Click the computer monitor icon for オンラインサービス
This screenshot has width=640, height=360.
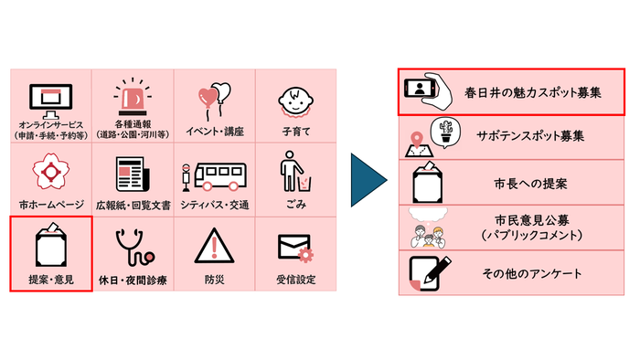[50, 97]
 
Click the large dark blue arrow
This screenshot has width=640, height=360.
[370, 179]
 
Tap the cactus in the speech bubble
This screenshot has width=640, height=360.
[445, 131]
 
